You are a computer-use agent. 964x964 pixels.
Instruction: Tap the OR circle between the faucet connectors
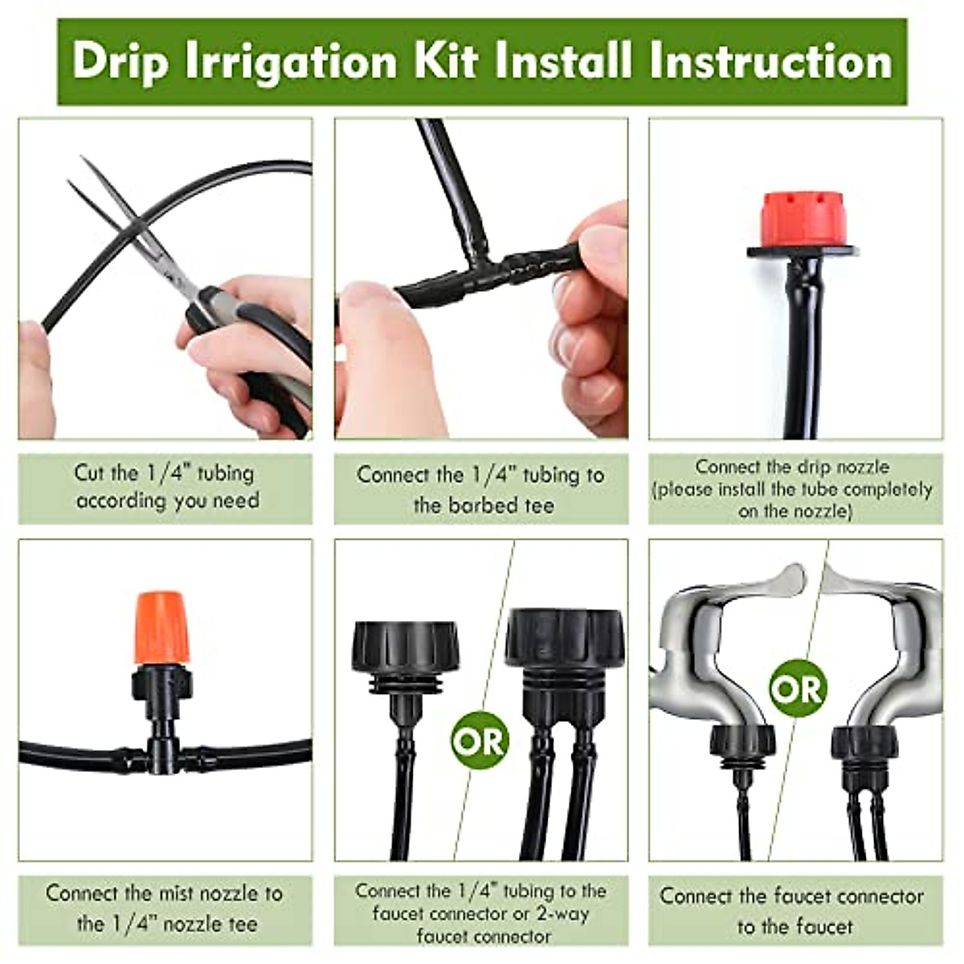click(x=480, y=740)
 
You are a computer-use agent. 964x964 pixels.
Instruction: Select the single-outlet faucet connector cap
click(x=405, y=647)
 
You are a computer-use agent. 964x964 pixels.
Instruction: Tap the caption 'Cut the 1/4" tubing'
click(x=164, y=473)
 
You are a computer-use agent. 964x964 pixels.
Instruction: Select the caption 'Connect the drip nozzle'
click(x=792, y=467)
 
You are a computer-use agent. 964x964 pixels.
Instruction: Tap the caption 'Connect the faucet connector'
click(x=792, y=897)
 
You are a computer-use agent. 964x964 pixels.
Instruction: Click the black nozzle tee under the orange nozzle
click(x=162, y=723)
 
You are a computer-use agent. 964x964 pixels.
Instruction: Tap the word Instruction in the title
click(x=771, y=63)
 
